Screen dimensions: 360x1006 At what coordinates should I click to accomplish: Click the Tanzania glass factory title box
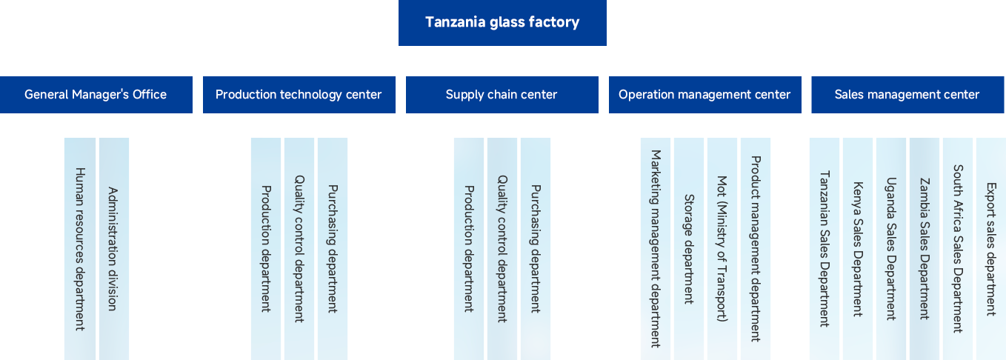502,23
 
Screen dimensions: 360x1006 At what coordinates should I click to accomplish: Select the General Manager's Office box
96,95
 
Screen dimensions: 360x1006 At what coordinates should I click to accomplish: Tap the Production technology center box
299,95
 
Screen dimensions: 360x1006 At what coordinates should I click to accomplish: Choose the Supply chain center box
502,95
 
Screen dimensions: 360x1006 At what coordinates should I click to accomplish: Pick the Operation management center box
704,95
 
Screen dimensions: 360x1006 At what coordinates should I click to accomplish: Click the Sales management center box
907,95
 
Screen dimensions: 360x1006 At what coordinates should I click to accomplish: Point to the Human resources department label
80,249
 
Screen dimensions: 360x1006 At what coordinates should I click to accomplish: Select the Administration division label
113,249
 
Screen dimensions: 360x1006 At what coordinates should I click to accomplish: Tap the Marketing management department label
656,249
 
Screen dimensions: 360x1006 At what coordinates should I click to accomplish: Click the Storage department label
689,249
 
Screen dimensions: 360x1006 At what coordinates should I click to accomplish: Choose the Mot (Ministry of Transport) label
722,249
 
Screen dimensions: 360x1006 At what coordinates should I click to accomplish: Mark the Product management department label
756,249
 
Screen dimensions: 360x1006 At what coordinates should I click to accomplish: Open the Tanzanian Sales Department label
825,249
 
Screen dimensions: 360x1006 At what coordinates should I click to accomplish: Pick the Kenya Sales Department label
858,249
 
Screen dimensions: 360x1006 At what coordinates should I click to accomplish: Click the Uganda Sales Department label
891,249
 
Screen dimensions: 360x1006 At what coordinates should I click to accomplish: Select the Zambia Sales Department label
925,249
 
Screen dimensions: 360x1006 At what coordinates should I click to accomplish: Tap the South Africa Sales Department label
958,249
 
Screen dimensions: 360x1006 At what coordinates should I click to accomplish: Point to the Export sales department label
991,249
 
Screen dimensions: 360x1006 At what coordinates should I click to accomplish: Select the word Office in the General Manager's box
150,95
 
